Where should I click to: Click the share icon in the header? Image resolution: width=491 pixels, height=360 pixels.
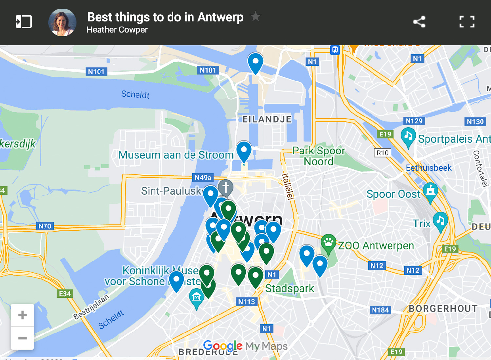coord(419,22)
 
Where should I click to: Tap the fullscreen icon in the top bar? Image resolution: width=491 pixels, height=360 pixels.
coord(467,22)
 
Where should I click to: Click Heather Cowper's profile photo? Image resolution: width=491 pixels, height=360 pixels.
coord(63,22)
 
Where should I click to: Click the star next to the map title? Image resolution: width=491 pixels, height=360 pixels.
coord(256,16)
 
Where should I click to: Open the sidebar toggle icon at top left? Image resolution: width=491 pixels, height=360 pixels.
coord(24,22)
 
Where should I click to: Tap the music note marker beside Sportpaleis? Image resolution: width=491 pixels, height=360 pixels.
coord(408,136)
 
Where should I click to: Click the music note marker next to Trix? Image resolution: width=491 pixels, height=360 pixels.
coord(441,221)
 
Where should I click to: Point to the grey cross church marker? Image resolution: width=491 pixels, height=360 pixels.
coord(226,188)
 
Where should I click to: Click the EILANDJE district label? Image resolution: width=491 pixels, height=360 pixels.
coord(267,119)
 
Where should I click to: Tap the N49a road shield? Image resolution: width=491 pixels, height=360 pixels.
coord(203,178)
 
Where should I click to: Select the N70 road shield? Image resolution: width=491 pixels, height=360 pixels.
coord(45,226)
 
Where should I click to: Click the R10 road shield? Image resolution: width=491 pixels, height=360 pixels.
coord(382,153)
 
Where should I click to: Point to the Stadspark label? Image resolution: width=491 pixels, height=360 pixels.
coord(289,288)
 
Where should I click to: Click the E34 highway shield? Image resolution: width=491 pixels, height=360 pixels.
coord(64,294)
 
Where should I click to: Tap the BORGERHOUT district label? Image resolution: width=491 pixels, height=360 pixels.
coord(443,309)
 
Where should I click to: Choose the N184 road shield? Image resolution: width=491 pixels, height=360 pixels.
coord(380,310)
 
